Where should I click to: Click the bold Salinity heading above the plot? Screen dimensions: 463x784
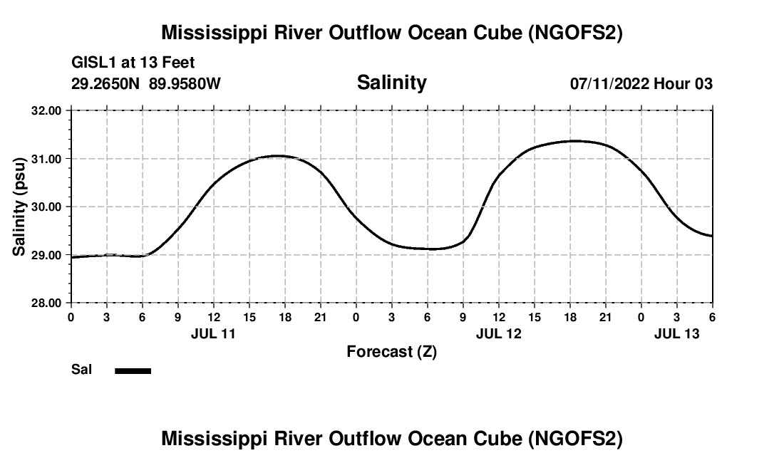(x=391, y=83)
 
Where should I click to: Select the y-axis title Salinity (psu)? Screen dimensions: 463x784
(x=20, y=206)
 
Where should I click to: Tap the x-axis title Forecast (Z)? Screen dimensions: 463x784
(x=391, y=351)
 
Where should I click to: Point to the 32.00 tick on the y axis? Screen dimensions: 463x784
(x=47, y=111)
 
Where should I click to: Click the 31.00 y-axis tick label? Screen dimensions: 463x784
(x=47, y=159)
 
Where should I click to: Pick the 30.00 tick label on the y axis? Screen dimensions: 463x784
(x=47, y=207)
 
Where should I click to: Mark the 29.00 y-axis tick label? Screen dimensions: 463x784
(x=47, y=255)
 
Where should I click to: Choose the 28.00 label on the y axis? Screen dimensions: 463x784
(x=47, y=303)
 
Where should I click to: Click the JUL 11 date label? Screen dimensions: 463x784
(x=213, y=333)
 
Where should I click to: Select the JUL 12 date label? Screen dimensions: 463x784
(x=498, y=333)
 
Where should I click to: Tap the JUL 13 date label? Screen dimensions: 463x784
(x=676, y=333)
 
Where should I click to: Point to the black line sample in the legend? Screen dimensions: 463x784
(x=133, y=370)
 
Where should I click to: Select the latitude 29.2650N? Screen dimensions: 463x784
(x=106, y=83)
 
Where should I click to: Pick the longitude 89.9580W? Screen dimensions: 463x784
(x=185, y=83)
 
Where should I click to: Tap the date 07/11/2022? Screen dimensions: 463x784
(x=609, y=83)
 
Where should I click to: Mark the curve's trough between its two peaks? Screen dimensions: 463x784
(x=431, y=249)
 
